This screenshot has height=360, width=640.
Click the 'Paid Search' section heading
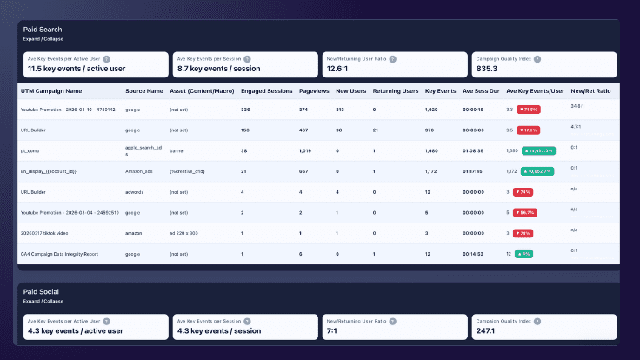43,30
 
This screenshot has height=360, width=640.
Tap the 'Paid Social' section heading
43,292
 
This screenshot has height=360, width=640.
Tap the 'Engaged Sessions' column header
265,90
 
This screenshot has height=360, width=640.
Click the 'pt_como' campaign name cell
31,150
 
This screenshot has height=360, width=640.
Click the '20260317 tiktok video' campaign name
51,232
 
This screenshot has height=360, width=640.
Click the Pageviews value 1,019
305,150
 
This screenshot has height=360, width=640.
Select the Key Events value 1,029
432,110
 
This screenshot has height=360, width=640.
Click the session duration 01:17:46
476,170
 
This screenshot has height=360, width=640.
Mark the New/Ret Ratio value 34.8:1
578,106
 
